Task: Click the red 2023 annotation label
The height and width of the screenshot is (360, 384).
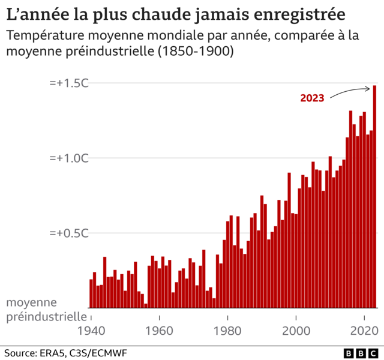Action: (x=312, y=98)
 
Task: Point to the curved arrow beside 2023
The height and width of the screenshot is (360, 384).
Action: (x=351, y=91)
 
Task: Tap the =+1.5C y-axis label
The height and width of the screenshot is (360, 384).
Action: (x=69, y=83)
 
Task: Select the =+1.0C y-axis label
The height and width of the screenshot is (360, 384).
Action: (x=69, y=158)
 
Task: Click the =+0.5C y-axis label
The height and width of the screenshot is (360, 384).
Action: (x=69, y=233)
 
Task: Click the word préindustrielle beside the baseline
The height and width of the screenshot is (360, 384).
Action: (x=46, y=316)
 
